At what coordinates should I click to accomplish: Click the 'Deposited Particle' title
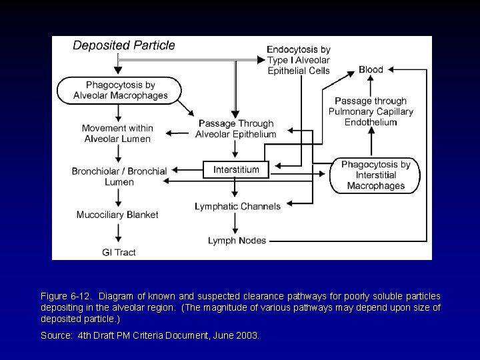click(124, 46)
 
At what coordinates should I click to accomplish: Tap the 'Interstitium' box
click(236, 170)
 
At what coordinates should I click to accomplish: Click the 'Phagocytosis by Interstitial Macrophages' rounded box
click(376, 175)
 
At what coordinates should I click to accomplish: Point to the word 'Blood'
click(371, 69)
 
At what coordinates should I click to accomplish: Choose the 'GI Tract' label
click(118, 253)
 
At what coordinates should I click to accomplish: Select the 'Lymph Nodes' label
click(237, 240)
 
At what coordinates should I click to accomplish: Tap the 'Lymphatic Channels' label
click(237, 206)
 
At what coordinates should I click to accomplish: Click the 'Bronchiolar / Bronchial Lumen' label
click(119, 176)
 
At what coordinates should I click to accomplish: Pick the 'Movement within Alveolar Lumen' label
click(118, 133)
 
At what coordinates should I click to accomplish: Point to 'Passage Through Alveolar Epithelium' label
click(235, 129)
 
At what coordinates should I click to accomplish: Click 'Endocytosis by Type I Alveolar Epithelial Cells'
click(298, 60)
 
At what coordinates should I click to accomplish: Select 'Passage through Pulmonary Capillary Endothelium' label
click(371, 111)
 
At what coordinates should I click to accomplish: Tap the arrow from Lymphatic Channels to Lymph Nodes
click(236, 223)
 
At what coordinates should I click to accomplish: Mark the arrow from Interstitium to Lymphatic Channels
click(236, 189)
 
